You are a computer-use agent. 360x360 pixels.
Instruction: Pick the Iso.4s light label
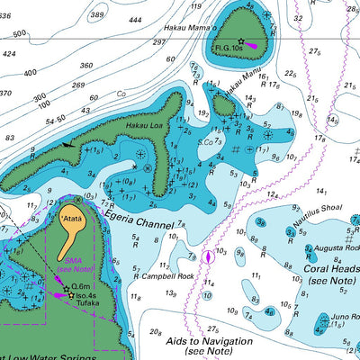[86, 294]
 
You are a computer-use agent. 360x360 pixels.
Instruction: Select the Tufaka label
[88, 304]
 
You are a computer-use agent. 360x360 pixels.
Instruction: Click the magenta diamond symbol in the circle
[209, 256]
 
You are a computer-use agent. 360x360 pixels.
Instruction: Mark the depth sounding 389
[96, 14]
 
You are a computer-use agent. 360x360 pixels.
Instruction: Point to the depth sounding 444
[135, 20]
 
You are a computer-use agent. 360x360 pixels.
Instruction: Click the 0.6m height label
[82, 286]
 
